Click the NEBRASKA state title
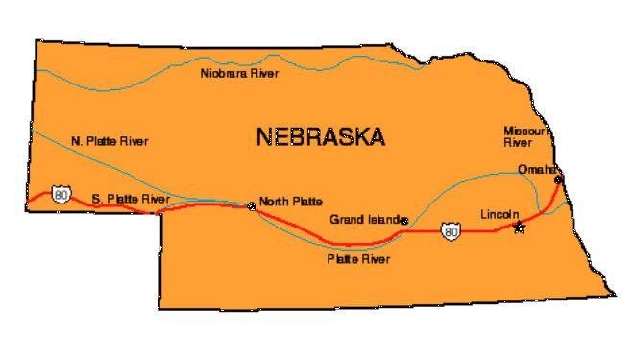(x=321, y=137)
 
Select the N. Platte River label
(x=110, y=141)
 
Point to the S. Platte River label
(x=131, y=199)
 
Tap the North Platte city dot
(x=252, y=204)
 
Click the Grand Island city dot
(x=404, y=221)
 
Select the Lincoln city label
(x=500, y=214)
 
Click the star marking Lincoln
(x=520, y=227)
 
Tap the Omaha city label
(x=536, y=170)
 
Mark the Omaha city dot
(x=558, y=179)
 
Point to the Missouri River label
(x=525, y=136)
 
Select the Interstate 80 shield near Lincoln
(x=450, y=231)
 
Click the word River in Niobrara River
(x=272, y=73)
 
